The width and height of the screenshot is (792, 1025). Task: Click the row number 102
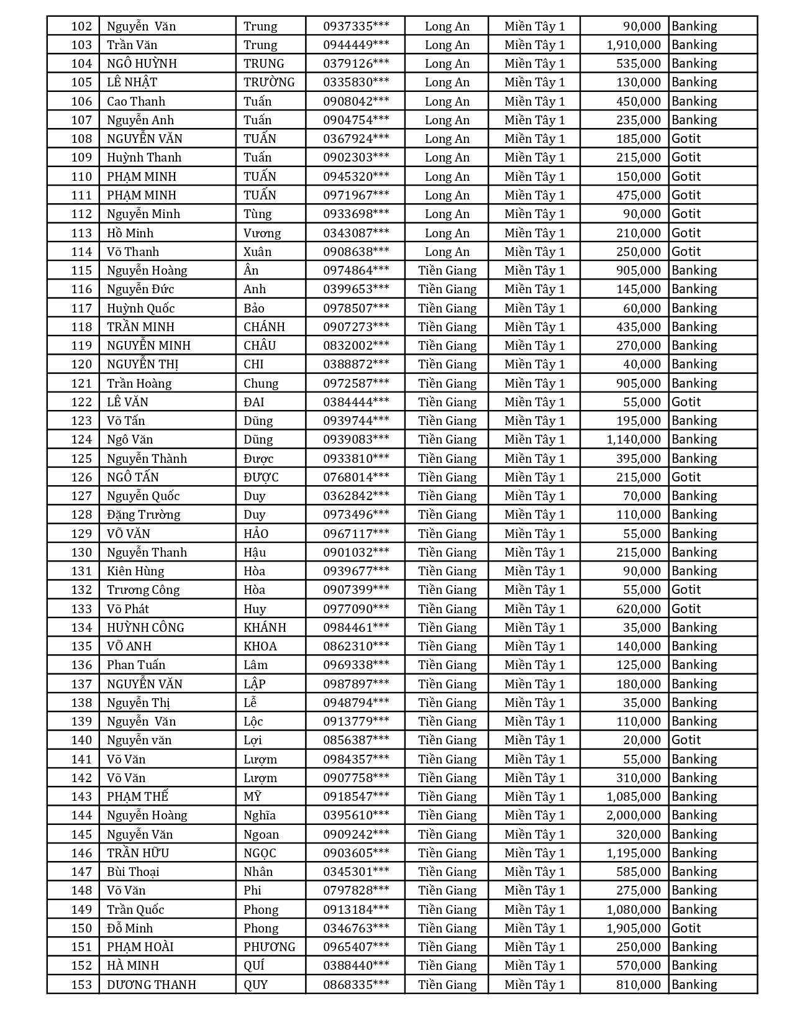pos(81,26)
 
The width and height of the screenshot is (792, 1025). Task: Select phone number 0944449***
pos(356,45)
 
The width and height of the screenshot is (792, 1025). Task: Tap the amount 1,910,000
pos(634,45)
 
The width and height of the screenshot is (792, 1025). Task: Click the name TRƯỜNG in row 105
pos(269,82)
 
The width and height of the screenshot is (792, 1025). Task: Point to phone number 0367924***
pos(356,139)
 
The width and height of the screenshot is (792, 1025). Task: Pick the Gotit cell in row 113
pos(686,233)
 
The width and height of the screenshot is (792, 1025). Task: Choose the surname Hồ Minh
pos(130,233)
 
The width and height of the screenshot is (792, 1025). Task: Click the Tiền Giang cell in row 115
pos(447,270)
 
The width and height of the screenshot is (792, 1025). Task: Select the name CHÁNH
pos(264,327)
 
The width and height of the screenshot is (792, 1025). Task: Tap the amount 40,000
pos(642,364)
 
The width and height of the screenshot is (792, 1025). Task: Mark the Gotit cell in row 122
pos(686,402)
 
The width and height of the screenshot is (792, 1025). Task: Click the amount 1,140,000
pos(634,439)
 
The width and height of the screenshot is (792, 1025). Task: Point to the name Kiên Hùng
pos(135,571)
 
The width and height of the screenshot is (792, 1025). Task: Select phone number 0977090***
pos(356,609)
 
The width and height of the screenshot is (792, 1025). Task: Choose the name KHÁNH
pos(265,627)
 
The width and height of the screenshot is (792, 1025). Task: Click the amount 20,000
pos(642,740)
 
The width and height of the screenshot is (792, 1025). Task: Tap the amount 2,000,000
pos(634,815)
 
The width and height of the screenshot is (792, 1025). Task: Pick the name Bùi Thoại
pos(133,872)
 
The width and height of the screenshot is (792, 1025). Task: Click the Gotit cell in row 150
pos(686,928)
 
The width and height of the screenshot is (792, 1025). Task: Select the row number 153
pos(81,985)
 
